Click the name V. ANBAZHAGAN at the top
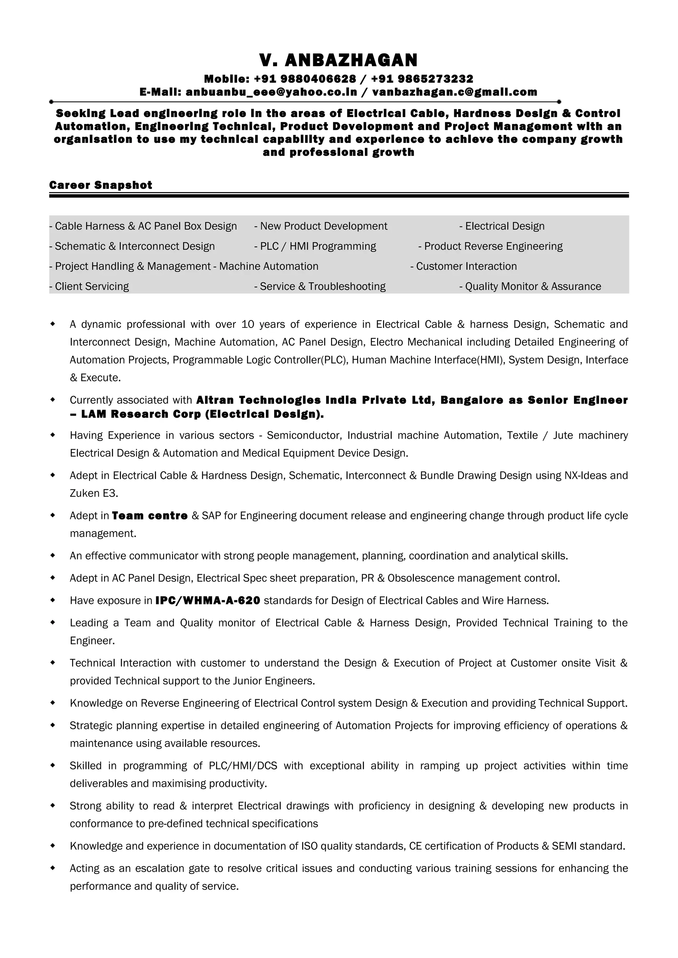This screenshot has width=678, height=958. [338, 60]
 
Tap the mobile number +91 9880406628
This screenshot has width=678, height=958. [305, 79]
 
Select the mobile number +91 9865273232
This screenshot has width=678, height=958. [422, 79]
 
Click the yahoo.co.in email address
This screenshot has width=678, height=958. [271, 92]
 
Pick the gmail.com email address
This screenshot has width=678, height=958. [455, 92]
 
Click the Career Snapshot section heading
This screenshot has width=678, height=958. [101, 185]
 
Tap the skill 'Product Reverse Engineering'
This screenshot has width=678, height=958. [493, 247]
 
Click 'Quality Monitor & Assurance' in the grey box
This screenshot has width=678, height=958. [533, 287]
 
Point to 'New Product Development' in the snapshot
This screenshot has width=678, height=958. [323, 226]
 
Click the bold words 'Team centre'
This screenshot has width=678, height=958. [150, 516]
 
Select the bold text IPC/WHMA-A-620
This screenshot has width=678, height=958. [208, 601]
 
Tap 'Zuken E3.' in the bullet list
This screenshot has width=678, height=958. [94, 494]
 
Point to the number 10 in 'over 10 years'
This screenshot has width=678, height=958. [248, 325]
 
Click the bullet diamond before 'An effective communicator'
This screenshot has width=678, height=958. [53, 555]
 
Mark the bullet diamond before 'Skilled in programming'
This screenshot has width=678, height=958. [53, 765]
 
